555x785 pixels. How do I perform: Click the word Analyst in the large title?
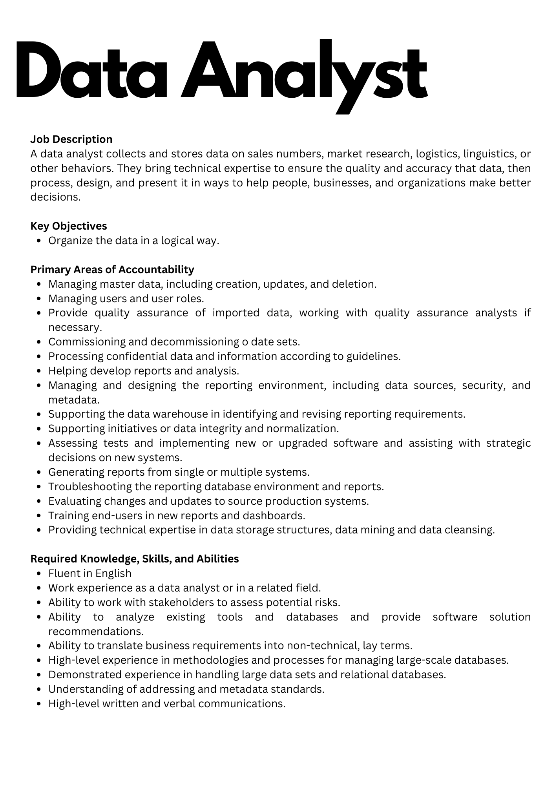304,73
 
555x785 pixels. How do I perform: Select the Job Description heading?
71,139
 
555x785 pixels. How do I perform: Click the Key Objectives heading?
69,226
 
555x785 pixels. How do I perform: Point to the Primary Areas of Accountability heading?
112,270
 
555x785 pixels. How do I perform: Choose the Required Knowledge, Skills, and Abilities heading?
135,559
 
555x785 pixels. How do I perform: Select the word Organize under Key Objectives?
70,241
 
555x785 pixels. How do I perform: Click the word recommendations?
96,631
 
